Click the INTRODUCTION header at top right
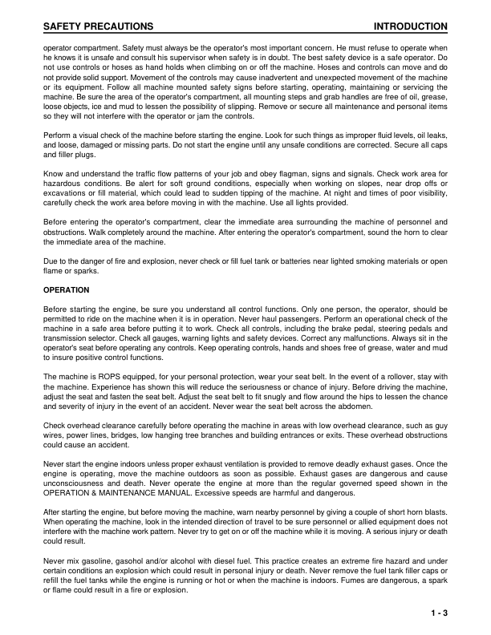click(x=410, y=27)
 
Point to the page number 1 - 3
click(x=437, y=613)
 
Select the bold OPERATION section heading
click(x=67, y=289)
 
